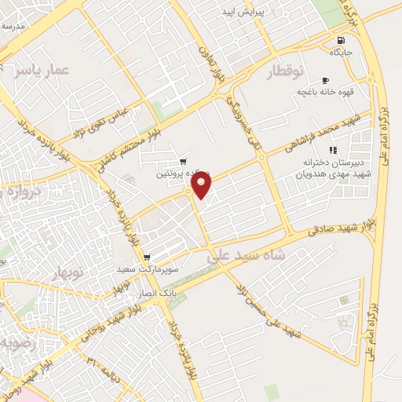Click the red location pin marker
click(202, 184)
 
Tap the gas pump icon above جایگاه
click(339, 41)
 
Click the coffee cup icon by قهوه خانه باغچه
click(325, 80)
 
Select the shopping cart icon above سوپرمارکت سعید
click(147, 258)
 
